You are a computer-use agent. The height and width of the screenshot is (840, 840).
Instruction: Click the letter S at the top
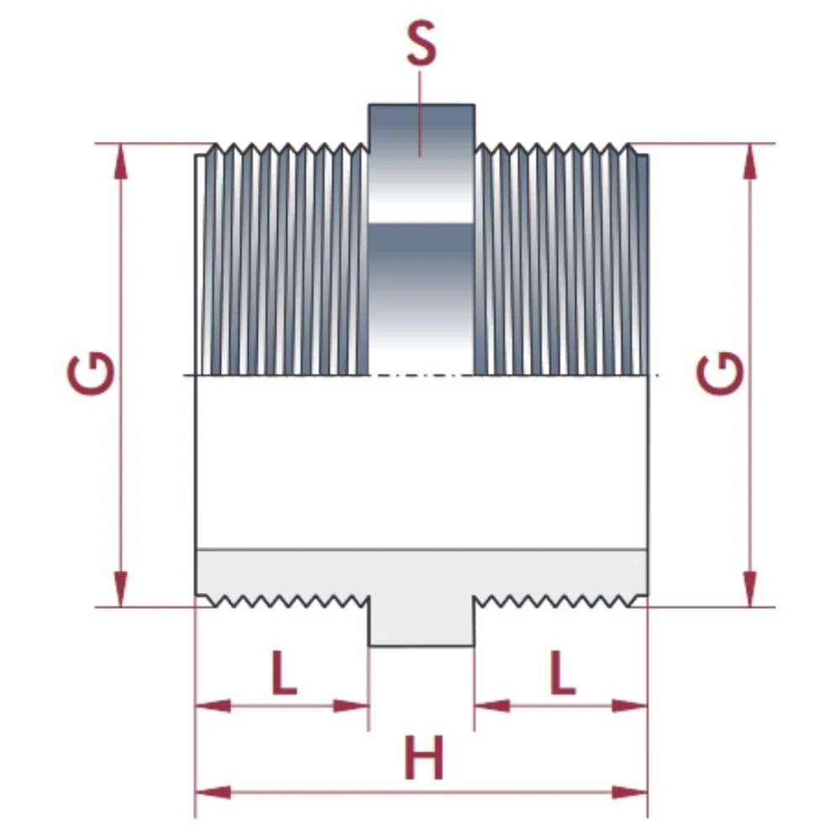pos(421,47)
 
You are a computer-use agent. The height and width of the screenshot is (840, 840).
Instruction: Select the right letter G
pos(721,375)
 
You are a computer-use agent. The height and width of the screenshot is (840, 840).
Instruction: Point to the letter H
pos(423,759)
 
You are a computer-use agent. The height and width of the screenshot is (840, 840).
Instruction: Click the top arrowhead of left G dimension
pos(122,160)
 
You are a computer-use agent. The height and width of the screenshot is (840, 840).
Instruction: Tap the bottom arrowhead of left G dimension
pos(122,589)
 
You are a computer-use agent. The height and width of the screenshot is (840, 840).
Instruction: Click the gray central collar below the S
pos(422,252)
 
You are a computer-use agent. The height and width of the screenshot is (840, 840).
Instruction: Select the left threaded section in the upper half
pos(281,260)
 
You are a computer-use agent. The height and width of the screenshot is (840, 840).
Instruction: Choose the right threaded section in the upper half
pos(561,260)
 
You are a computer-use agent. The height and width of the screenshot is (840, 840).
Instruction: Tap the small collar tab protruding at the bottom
pos(422,626)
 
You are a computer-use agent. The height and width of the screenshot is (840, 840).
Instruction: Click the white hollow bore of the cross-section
pos(421,462)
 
